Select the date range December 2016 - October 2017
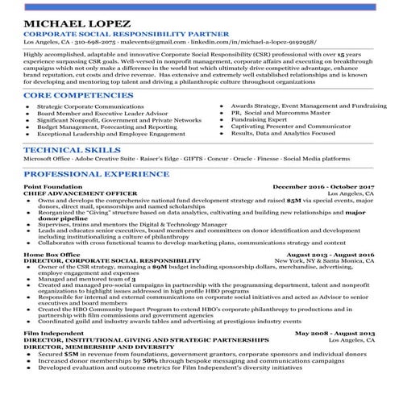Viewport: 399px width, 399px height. pyautogui.click(x=324, y=187)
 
